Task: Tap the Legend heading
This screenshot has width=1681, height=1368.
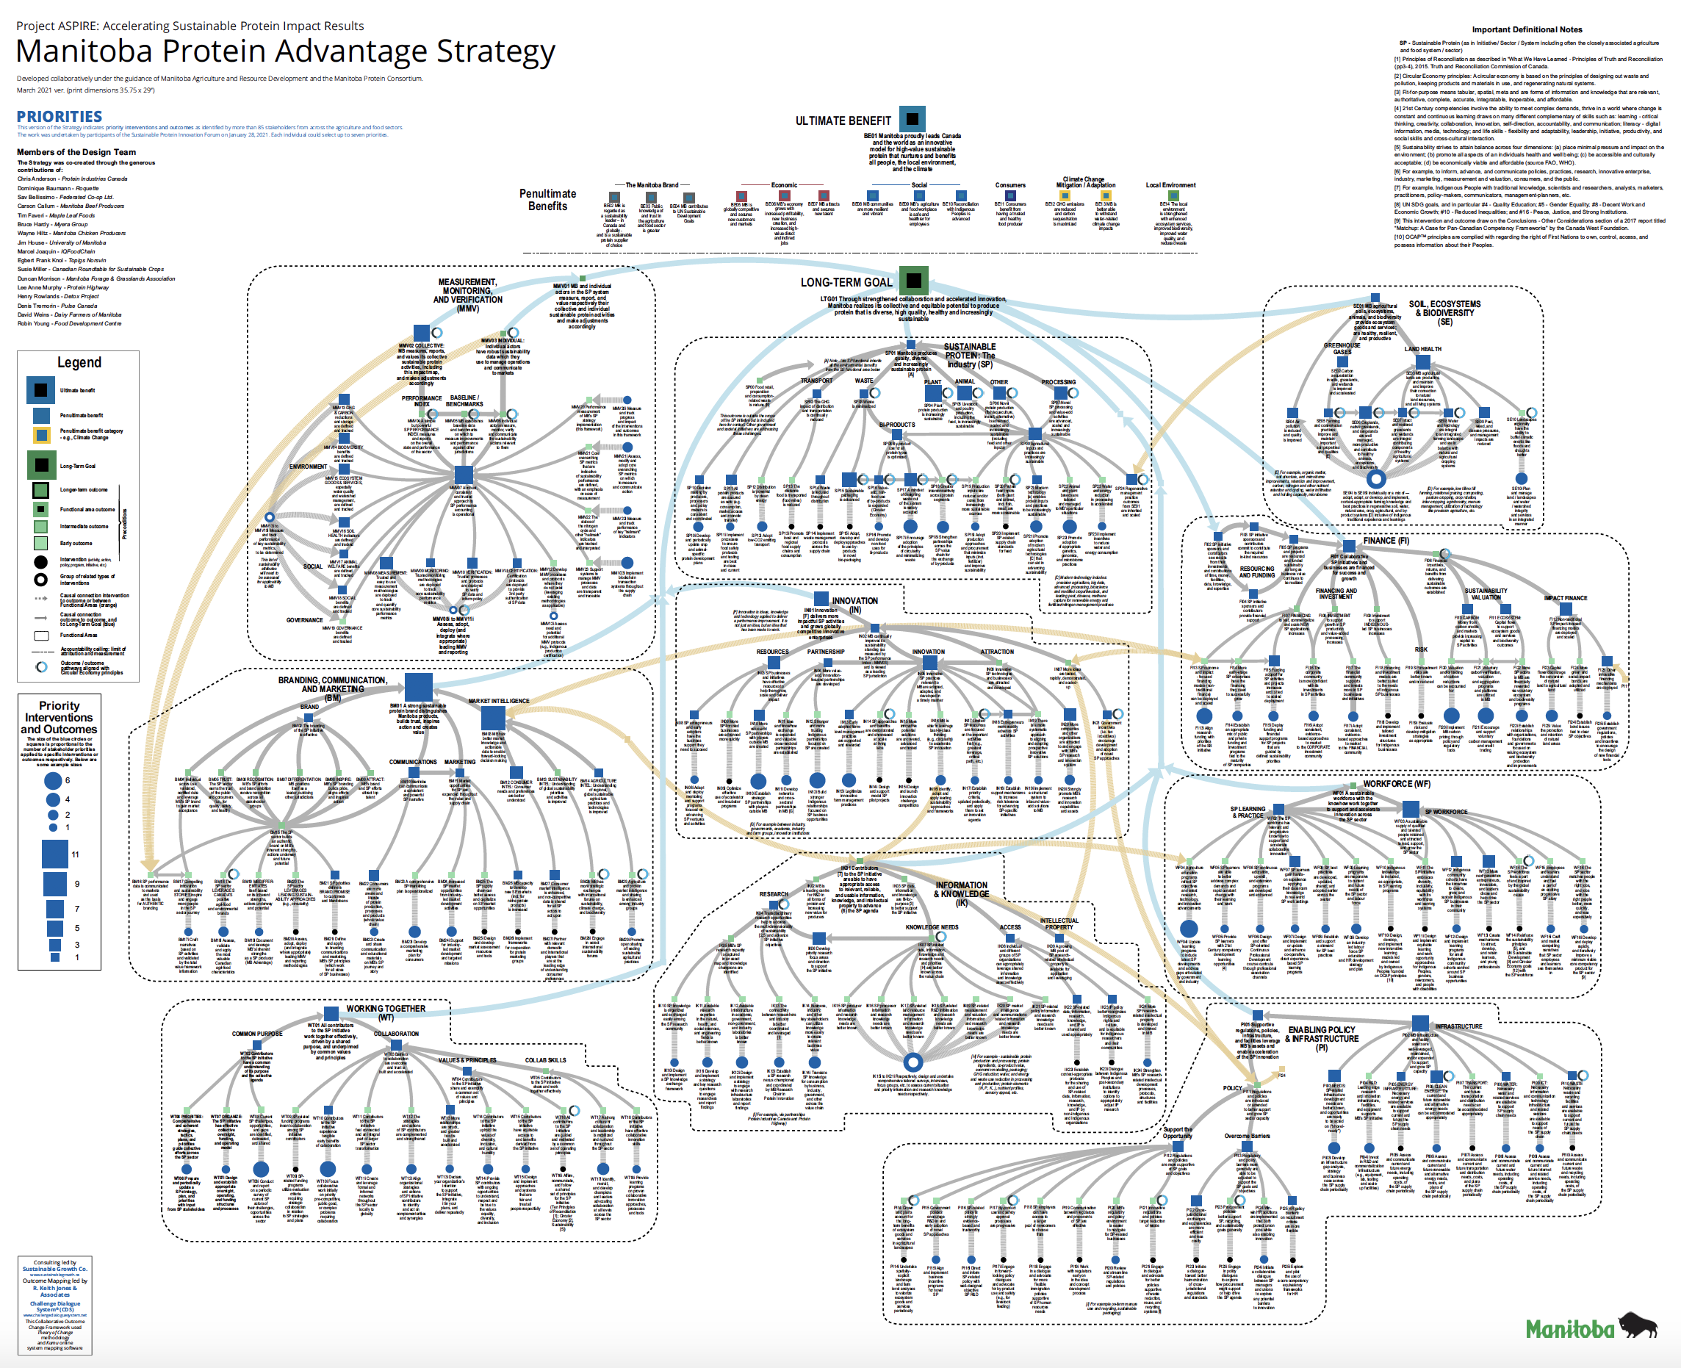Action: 79,362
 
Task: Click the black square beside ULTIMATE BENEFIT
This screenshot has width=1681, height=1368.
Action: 912,119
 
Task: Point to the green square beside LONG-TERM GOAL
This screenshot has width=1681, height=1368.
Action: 913,280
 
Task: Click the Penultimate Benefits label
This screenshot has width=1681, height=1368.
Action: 548,199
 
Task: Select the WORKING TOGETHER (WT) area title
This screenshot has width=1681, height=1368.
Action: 386,1012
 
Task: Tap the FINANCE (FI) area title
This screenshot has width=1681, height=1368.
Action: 1386,541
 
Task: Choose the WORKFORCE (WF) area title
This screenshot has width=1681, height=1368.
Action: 1397,784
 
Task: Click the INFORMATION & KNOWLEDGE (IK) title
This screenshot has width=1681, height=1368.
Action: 962,890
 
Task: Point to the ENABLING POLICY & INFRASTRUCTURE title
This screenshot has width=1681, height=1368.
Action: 1322,1034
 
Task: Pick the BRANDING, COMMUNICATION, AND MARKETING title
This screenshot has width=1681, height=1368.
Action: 333,684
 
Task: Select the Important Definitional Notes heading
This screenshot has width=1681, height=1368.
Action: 1527,29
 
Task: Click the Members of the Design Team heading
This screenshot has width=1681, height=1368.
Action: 76,152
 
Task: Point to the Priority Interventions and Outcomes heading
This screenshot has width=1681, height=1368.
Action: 59,717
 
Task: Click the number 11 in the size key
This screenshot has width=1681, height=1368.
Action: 75,854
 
